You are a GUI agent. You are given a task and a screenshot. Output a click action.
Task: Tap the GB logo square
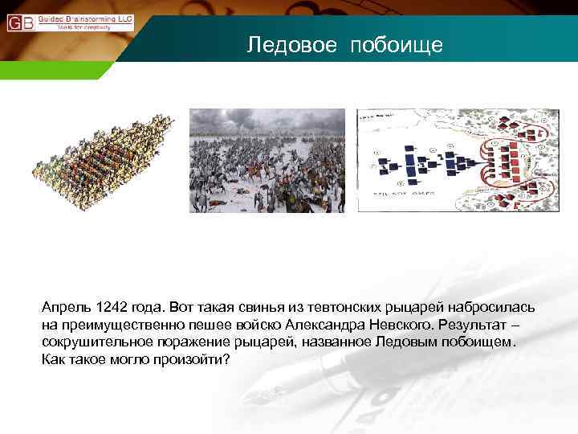point(20,22)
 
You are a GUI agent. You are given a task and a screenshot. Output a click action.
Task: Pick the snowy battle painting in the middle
point(267,161)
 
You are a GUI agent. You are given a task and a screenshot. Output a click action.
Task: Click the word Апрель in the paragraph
point(67,309)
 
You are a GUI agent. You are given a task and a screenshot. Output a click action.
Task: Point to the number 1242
point(111,309)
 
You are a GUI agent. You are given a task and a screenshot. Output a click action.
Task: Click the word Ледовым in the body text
point(410,342)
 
